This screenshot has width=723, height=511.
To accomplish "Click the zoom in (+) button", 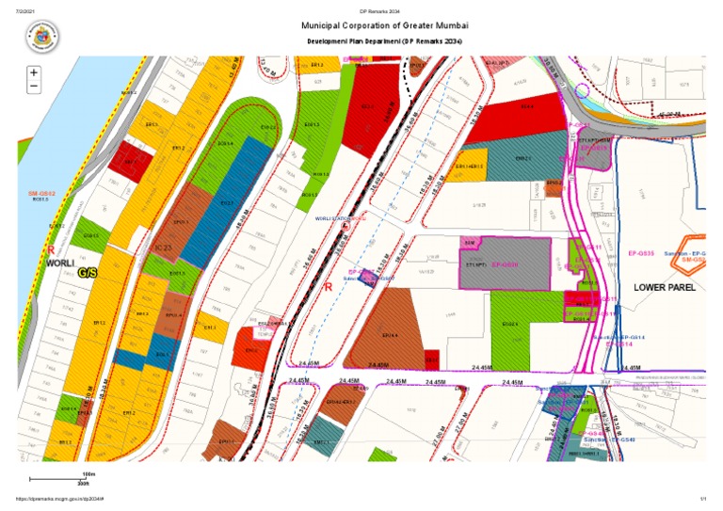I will pos(34,72).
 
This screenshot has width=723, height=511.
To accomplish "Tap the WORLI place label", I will pos(59,263).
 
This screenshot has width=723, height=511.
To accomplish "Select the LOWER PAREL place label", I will pos(664,287).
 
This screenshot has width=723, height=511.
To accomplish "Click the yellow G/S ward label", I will pos(88,273).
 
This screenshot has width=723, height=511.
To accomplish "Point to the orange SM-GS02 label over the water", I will pos(40,193).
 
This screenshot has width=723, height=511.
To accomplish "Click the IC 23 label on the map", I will pos(162,248).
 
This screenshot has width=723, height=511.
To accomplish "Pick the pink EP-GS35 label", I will pos(641,254).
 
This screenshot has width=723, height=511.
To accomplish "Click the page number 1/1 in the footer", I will pos(702,499).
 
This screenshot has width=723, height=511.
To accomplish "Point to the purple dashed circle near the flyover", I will pos(582,92).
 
